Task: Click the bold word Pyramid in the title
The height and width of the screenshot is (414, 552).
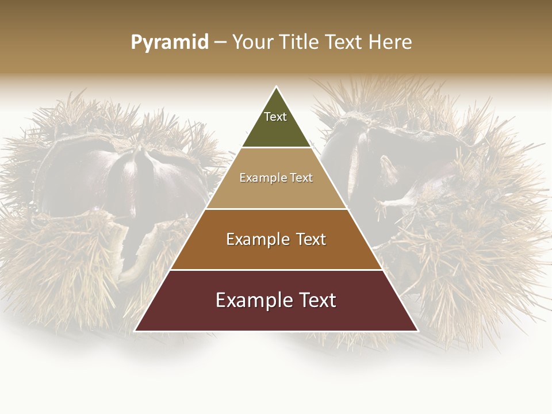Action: [x=170, y=43]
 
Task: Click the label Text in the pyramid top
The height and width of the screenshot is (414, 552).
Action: [x=275, y=117]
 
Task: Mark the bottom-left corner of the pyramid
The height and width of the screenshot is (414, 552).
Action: [x=136, y=331]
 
